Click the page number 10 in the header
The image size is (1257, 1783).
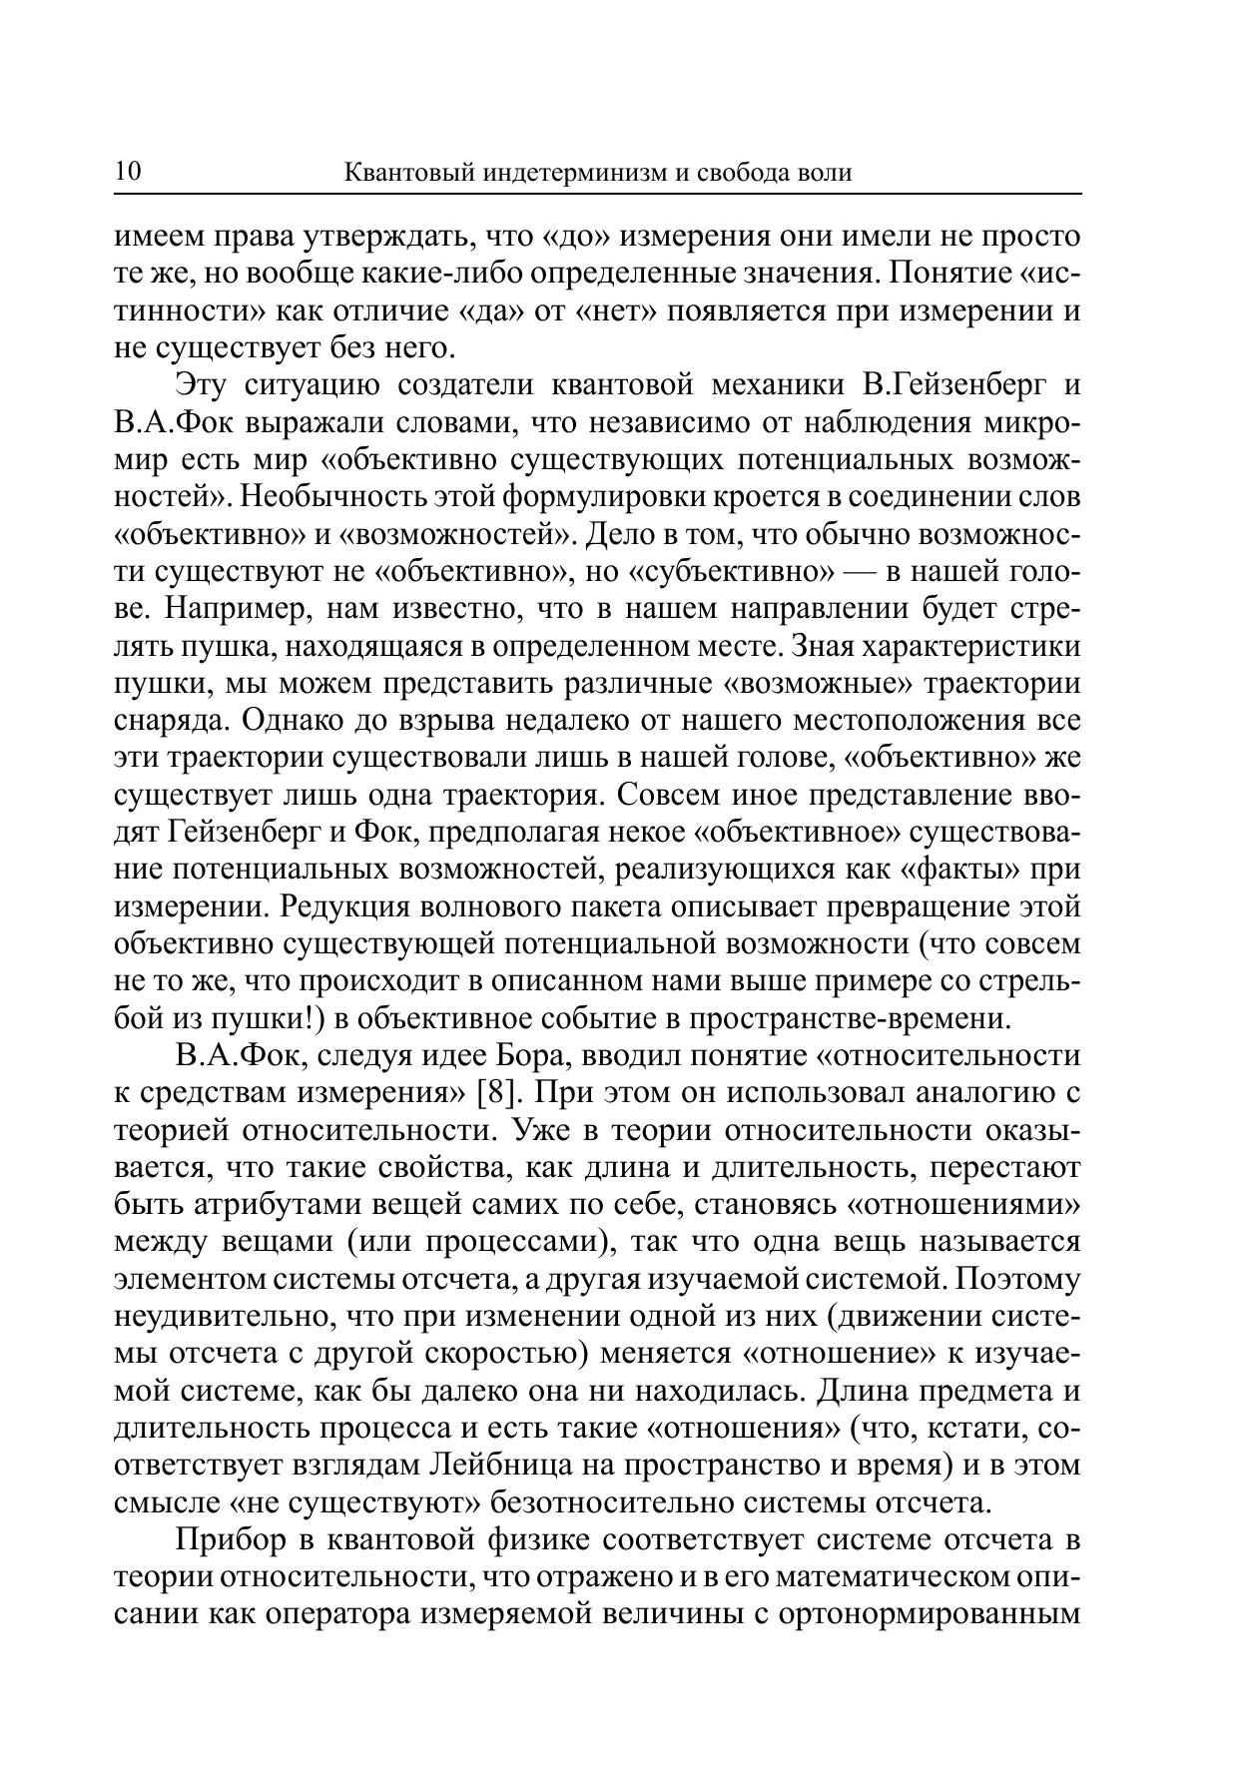(129, 172)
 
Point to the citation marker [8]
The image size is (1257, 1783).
(495, 1093)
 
